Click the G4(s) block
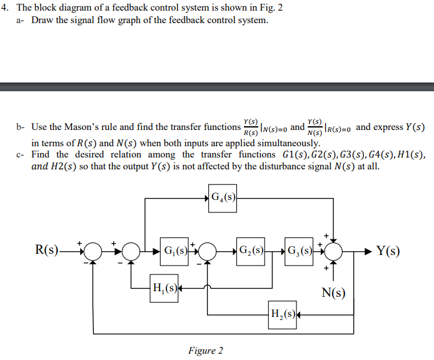(223, 199)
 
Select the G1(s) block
(175, 252)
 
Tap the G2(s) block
(251, 252)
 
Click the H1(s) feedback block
(164, 288)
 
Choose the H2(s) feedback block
(281, 311)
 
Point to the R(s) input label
(47, 252)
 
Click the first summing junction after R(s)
(93, 252)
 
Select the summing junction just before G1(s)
(131, 252)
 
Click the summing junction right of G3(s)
(335, 252)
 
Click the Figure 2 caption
(205, 351)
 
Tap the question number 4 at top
(5, 7)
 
